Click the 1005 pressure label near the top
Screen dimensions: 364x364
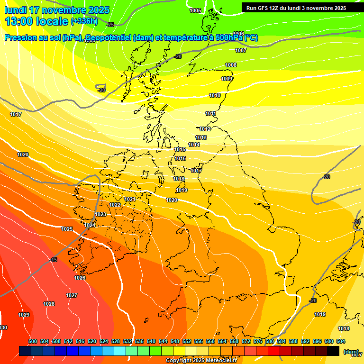[195, 10]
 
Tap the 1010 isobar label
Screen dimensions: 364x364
[215, 95]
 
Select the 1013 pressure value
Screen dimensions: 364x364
[201, 137]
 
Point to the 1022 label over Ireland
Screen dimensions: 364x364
[115, 205]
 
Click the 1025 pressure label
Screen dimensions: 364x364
[67, 229]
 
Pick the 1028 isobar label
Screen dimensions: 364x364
[49, 304]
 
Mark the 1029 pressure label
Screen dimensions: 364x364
[24, 315]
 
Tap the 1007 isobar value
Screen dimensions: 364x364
[241, 50]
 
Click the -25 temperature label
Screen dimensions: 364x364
[110, 25]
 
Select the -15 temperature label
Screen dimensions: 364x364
[53, 260]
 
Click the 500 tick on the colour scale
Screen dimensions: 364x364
[33, 341]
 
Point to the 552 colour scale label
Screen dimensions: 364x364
[187, 341]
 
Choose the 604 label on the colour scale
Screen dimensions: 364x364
[341, 341]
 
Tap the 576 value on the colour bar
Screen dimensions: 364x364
[258, 341]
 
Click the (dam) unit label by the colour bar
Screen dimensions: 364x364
[351, 352]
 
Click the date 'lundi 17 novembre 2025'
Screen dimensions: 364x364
[57, 10]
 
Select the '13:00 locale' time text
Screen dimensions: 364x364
[36, 21]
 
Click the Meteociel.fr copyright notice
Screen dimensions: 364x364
[201, 361]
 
